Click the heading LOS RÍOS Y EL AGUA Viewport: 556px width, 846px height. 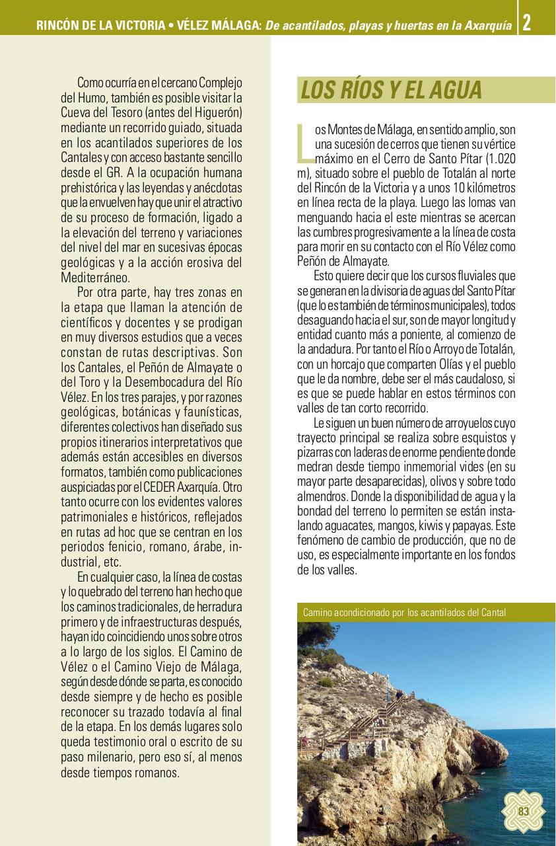pos(391,91)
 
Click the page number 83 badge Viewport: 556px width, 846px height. pos(524,812)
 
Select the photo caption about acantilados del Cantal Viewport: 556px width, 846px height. pos(404,612)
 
